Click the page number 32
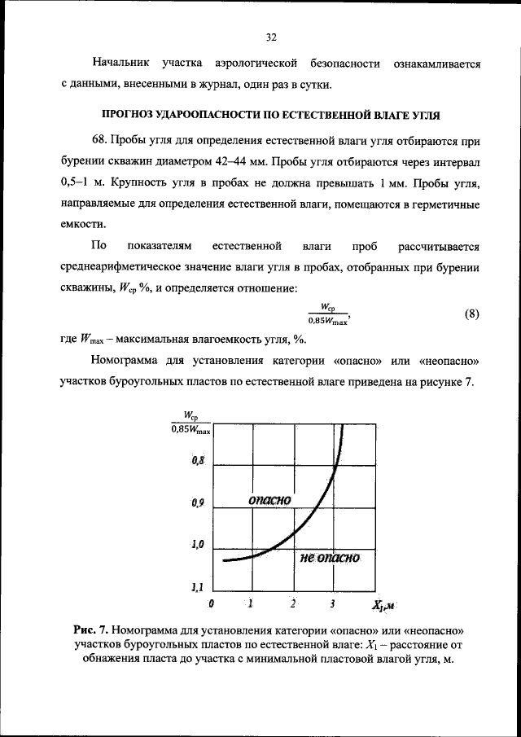tap(272, 37)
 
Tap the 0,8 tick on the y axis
tap(198, 462)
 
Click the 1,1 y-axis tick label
tap(197, 586)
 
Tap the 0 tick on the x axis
tap(212, 603)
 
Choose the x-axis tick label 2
tap(292, 603)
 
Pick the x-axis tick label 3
tap(333, 603)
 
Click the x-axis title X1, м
tap(383, 605)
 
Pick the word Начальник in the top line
tap(120, 63)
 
